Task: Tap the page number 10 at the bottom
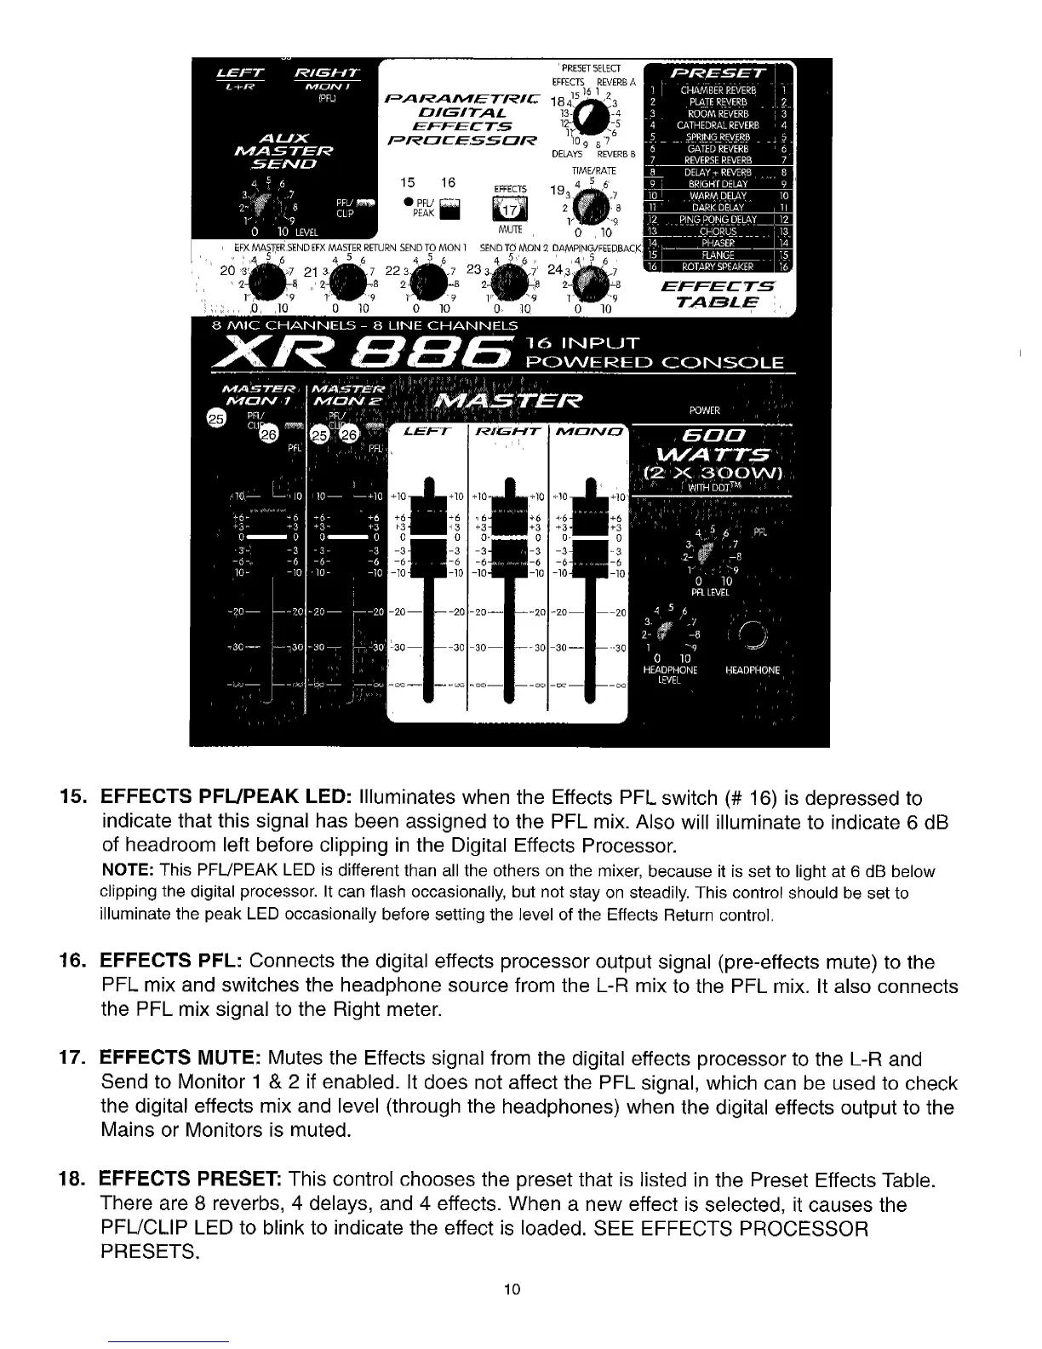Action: [512, 1289]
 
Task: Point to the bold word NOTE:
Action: [127, 871]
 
